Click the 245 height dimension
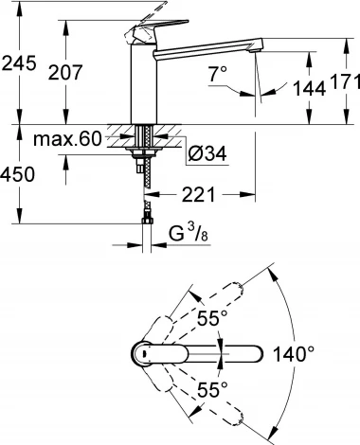point(19,63)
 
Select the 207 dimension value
point(84,72)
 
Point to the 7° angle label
point(219,72)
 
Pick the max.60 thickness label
point(67,140)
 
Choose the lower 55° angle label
point(215,387)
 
